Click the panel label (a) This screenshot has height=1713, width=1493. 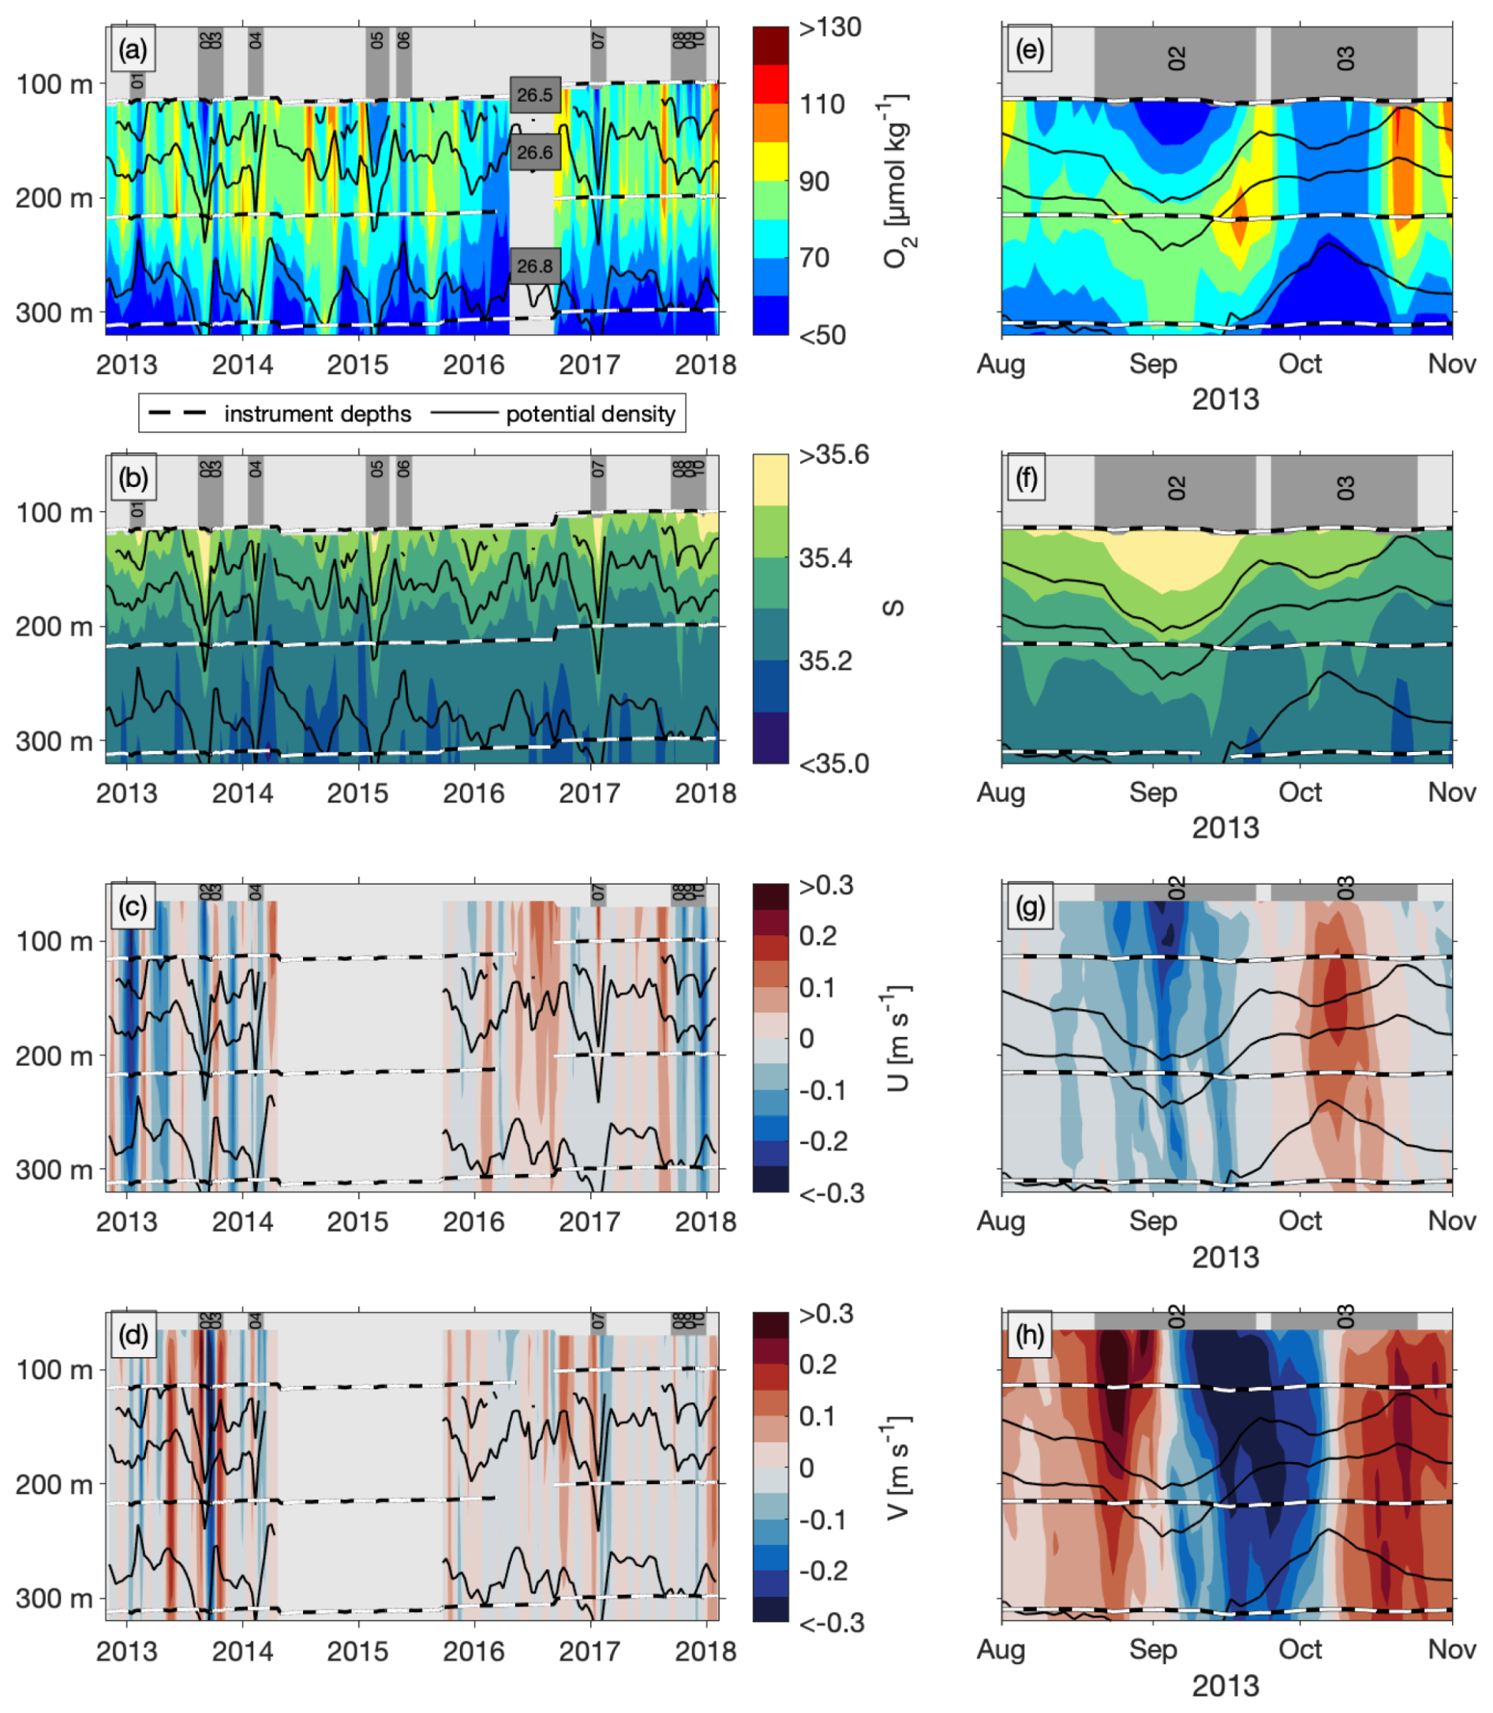click(x=133, y=50)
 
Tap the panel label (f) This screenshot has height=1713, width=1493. click(x=1027, y=479)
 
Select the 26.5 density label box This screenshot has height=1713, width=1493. click(x=535, y=95)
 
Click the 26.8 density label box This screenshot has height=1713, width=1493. click(x=535, y=266)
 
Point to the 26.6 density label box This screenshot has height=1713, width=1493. click(x=535, y=152)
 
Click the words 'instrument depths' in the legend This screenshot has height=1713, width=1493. click(x=317, y=414)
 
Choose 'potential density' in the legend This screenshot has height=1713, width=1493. click(x=591, y=414)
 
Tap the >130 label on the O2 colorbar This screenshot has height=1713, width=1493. click(x=830, y=28)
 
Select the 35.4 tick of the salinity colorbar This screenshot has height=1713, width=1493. click(x=825, y=557)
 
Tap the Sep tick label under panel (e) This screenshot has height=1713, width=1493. click(x=1153, y=364)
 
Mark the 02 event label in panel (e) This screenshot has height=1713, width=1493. click(x=1176, y=58)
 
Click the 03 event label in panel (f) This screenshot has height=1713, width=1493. click(x=1345, y=488)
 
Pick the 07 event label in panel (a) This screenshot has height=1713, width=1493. click(x=598, y=40)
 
